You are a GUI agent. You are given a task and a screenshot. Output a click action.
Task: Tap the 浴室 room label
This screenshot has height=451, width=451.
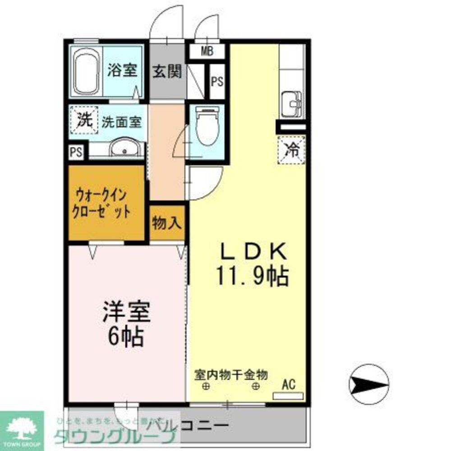pyautogui.click(x=122, y=70)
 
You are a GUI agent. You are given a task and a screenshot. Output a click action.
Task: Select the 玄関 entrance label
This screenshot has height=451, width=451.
pyautogui.click(x=167, y=71)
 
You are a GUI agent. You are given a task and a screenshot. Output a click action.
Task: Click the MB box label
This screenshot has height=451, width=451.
pyautogui.click(x=207, y=51)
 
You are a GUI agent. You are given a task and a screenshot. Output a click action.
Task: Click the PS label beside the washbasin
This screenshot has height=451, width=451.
pyautogui.click(x=76, y=152)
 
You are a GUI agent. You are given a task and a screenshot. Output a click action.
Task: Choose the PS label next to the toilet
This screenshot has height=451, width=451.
pyautogui.click(x=217, y=82)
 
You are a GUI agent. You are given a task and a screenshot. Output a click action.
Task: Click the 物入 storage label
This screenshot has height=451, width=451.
pyautogui.click(x=167, y=222)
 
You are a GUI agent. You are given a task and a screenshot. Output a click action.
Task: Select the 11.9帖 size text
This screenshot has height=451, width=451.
pyautogui.click(x=252, y=276)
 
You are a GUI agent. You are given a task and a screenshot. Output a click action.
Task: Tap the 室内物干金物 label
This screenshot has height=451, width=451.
pyautogui.click(x=231, y=374)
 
